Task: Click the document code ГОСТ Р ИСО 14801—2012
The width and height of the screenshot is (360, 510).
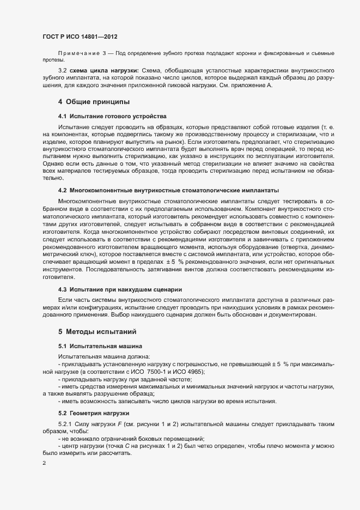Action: [x=80, y=37]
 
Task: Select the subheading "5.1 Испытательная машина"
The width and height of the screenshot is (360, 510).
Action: [x=100, y=346]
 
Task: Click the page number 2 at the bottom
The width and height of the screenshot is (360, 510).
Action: [x=44, y=463]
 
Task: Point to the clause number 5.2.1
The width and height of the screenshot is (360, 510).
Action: [x=66, y=423]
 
